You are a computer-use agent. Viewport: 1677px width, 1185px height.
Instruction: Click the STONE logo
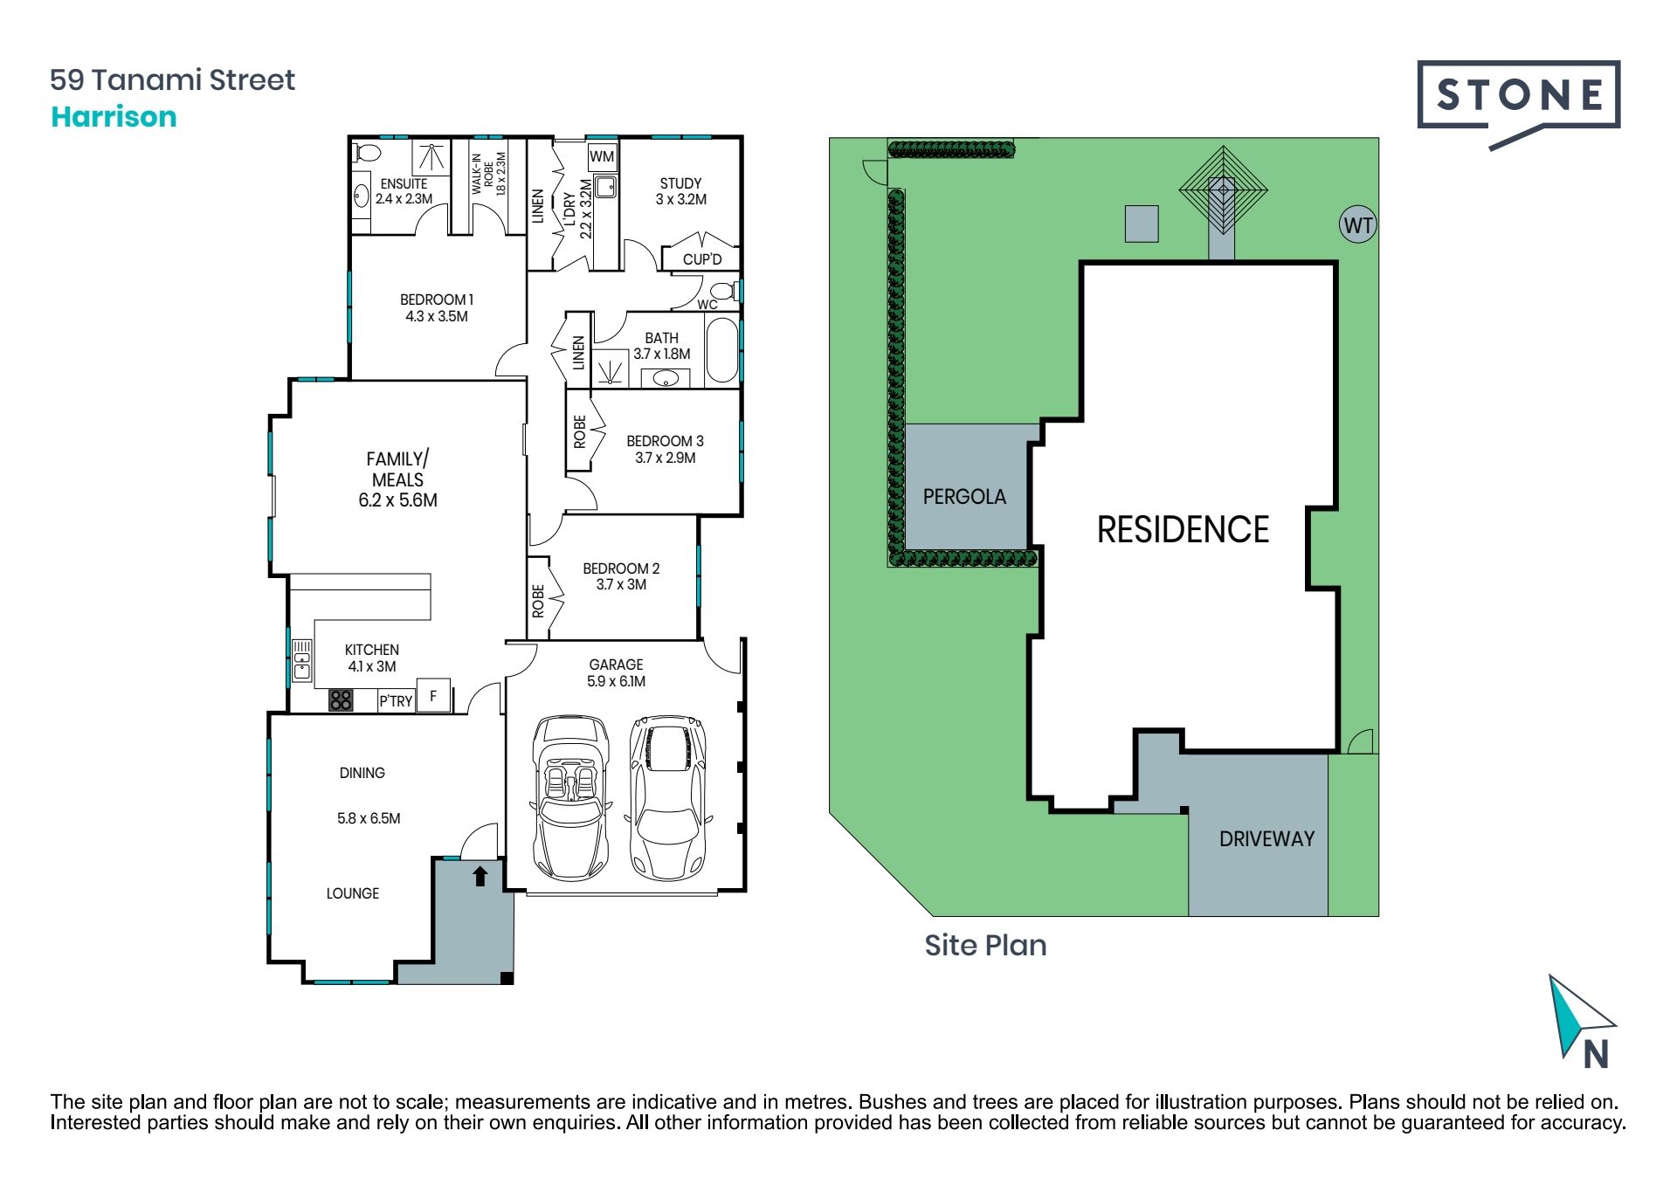pos(1518,98)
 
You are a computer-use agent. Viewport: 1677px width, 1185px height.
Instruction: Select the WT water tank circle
pos(1357,225)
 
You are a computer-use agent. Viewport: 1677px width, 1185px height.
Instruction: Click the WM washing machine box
pos(602,156)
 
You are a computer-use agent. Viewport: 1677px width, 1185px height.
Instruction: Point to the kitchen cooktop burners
pos(341,699)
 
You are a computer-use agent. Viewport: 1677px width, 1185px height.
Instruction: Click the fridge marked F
pos(433,695)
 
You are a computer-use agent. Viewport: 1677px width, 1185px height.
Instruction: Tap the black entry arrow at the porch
pos(480,876)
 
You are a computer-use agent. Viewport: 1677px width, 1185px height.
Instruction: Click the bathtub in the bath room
pos(721,350)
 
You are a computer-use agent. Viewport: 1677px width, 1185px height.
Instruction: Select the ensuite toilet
pos(367,153)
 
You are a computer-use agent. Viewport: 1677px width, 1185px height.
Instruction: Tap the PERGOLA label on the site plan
pos(964,496)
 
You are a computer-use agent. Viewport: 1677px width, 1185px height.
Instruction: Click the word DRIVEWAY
pos(1266,838)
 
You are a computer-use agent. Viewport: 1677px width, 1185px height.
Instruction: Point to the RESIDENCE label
pos(1183,529)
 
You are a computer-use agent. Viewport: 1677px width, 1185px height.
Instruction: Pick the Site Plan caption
pos(985,945)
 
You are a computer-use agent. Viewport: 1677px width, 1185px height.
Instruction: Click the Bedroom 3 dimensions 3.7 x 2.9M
pos(666,458)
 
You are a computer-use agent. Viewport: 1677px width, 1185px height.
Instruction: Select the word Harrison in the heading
pos(114,116)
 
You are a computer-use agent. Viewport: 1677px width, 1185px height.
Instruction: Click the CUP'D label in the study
pos(702,259)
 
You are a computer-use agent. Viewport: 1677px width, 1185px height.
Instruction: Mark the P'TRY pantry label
pos(396,701)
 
